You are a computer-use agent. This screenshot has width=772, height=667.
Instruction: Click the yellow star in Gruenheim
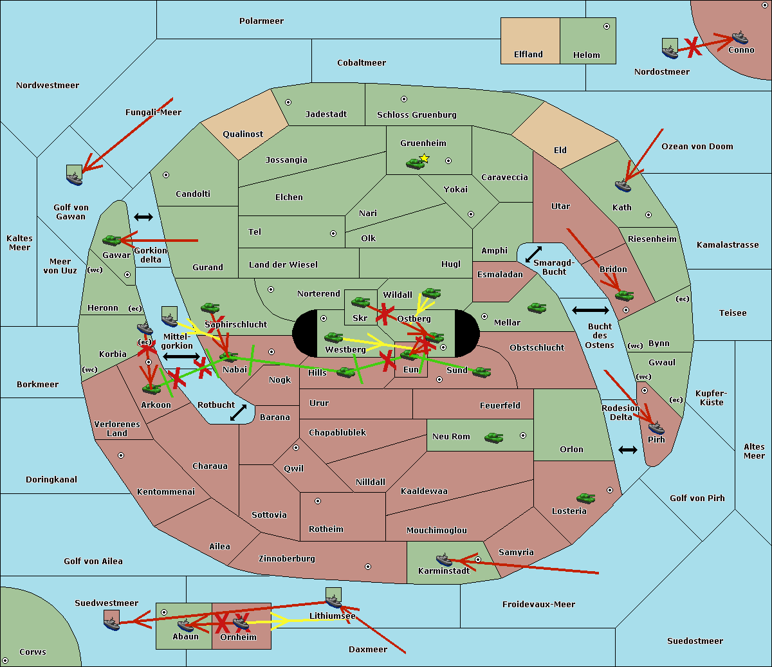point(424,158)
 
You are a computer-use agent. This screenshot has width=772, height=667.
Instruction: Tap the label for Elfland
point(528,55)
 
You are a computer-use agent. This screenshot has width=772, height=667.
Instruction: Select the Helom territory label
point(587,55)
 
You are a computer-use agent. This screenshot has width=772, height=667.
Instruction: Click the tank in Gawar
point(112,241)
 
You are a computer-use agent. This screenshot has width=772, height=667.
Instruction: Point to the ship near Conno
point(740,37)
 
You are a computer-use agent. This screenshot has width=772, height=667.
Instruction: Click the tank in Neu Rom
point(494,437)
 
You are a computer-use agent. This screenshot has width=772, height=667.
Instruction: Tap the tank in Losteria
point(585,498)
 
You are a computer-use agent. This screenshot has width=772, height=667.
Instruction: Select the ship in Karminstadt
point(444,560)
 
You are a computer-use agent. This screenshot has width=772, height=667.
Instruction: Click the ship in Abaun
point(185,625)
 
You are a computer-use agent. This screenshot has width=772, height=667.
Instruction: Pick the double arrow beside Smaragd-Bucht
point(534,254)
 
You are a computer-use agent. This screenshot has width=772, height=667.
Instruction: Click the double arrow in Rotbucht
point(238,413)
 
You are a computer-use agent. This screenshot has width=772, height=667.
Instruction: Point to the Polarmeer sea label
point(261,21)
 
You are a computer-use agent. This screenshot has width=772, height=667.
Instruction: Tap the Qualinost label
point(243,134)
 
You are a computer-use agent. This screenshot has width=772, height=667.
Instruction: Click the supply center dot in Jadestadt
point(288,102)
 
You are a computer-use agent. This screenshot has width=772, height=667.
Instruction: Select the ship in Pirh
point(656,428)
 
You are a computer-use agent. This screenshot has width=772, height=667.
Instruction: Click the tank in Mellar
point(537,307)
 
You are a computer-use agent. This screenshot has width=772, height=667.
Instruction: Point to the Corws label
point(33,652)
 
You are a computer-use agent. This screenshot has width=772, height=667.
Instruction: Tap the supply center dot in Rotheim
point(318,501)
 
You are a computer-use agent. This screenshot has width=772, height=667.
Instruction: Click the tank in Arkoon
point(152,388)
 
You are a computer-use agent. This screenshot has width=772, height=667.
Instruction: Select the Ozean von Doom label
point(697,147)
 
